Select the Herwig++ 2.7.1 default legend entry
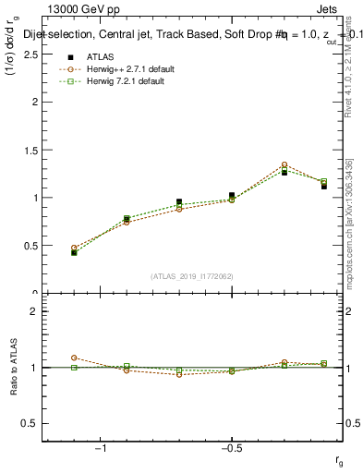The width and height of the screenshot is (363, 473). [123, 69]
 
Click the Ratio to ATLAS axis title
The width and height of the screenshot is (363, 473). [15, 368]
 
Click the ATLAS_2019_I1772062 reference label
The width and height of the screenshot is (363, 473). [192, 276]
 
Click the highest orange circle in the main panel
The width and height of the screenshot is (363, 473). [284, 164]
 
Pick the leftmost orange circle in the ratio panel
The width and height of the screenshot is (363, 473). [74, 358]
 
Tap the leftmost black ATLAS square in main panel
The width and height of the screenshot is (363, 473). [74, 252]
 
